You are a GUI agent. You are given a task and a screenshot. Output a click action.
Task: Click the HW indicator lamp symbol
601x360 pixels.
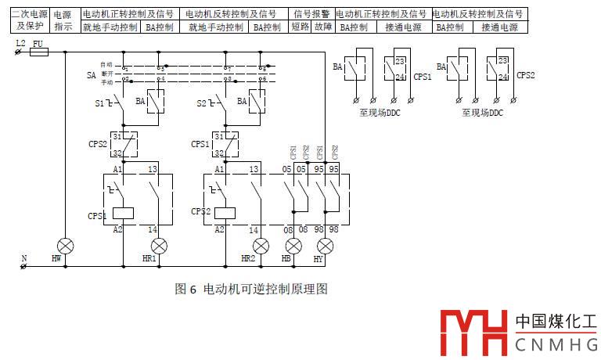click(66, 245)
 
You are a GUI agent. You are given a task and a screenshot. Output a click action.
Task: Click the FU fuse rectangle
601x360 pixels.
click(39, 52)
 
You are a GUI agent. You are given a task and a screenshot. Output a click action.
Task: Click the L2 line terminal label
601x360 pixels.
click(20, 43)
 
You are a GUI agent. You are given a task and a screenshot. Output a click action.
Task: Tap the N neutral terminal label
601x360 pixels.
click(23, 257)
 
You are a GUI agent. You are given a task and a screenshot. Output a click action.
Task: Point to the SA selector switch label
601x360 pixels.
click(91, 75)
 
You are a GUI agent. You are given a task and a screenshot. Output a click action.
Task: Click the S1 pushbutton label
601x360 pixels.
click(100, 103)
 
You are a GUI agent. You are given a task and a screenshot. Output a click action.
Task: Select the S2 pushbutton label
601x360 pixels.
click(201, 103)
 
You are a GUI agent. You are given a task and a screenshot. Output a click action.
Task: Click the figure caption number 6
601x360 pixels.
click(193, 290)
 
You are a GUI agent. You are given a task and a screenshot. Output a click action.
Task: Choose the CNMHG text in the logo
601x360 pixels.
click(556, 344)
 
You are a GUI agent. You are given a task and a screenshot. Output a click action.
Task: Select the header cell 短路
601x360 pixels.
click(300, 27)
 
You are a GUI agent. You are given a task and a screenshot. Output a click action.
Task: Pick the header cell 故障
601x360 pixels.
click(322, 27)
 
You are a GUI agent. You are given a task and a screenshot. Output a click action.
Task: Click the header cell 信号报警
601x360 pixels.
click(311, 14)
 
